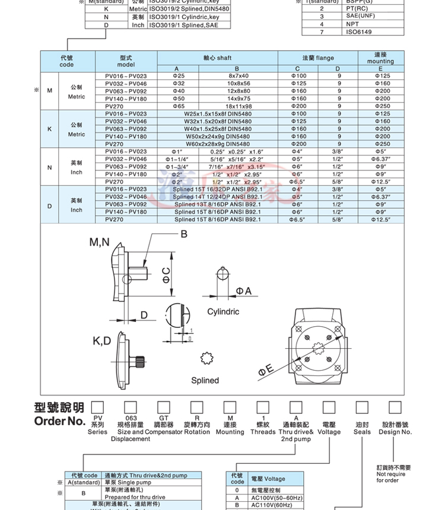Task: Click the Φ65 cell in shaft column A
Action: click(178, 106)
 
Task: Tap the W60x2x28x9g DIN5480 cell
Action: click(218, 144)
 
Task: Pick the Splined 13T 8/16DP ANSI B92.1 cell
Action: click(218, 204)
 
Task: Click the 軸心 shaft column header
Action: click(217, 58)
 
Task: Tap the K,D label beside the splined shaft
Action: click(102, 341)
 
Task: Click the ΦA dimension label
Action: click(244, 290)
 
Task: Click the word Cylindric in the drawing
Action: click(223, 312)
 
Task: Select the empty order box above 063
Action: click(131, 407)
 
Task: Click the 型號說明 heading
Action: click(59, 408)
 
